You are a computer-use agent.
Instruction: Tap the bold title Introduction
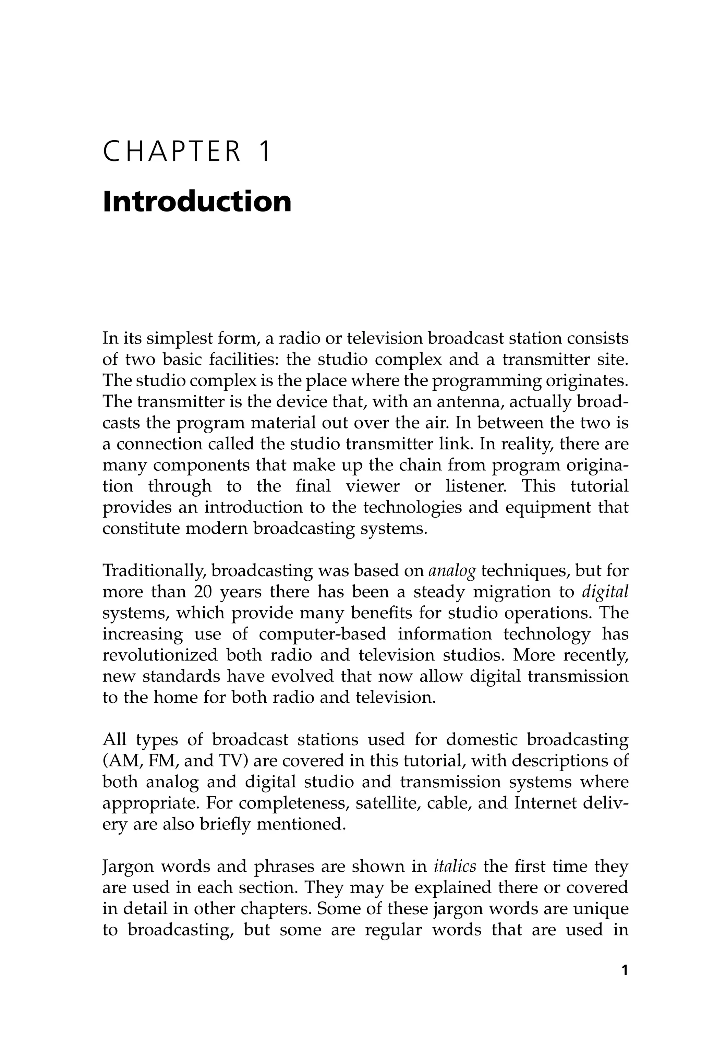[197, 202]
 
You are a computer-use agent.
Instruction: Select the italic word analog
[452, 571]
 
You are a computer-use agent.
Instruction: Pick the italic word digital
[605, 592]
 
